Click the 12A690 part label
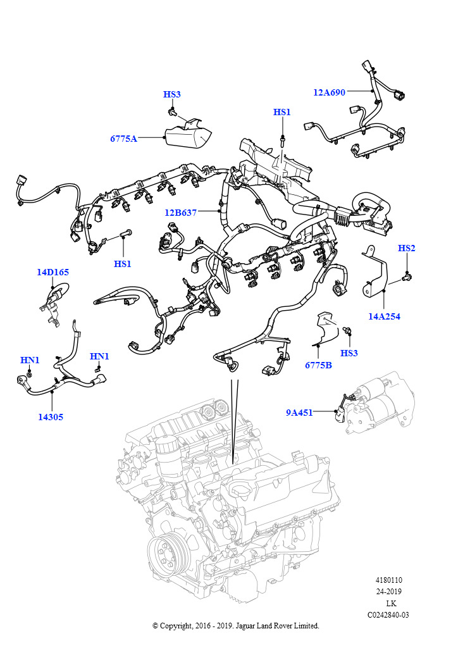click(x=329, y=92)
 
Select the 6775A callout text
click(x=123, y=139)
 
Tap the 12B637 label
click(x=181, y=213)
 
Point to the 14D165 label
click(x=53, y=273)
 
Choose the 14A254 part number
click(x=385, y=316)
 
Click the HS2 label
click(x=407, y=248)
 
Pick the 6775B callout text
click(x=319, y=365)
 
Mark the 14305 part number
click(x=51, y=417)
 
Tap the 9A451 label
click(x=299, y=413)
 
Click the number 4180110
click(x=389, y=580)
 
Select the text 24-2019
click(x=389, y=592)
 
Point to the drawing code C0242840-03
click(x=388, y=614)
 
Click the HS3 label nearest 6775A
click(x=172, y=94)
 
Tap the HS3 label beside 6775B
click(x=349, y=352)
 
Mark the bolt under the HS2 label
click(x=407, y=276)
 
